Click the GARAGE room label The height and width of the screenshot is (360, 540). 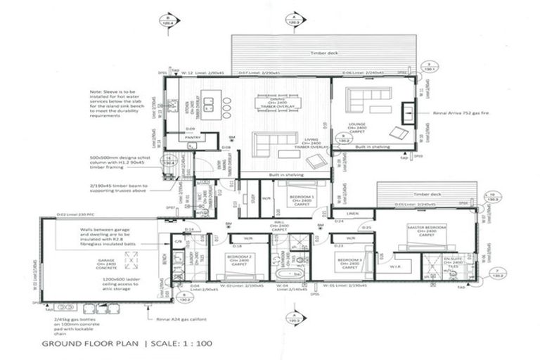click(106, 261)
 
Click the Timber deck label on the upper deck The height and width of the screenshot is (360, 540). click(323, 53)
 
